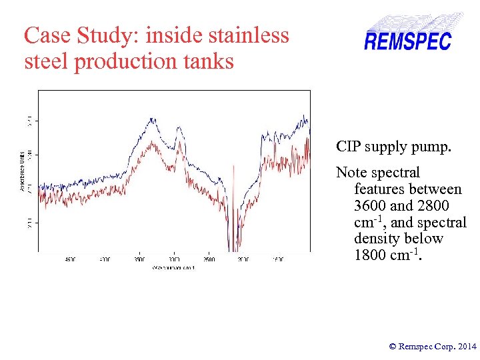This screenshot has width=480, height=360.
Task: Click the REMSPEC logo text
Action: tap(407, 41)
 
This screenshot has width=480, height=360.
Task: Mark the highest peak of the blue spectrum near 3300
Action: tap(153, 119)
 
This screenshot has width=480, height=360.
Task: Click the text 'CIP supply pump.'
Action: tap(393, 147)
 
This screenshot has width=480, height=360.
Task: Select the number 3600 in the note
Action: tap(371, 206)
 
